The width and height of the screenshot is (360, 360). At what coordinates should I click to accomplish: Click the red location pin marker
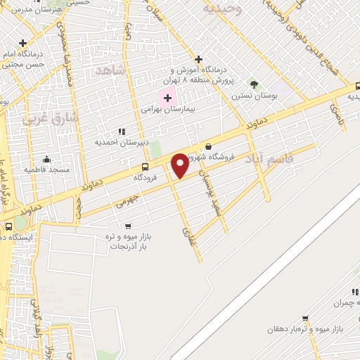click(x=180, y=165)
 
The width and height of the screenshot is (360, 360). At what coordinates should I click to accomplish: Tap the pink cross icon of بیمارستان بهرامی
click(x=167, y=97)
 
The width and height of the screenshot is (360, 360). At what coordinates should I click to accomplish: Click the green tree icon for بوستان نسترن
click(x=254, y=84)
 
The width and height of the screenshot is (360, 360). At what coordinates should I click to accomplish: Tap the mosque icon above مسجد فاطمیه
click(x=47, y=159)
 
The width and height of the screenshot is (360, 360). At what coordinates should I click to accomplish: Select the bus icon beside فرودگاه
click(x=145, y=167)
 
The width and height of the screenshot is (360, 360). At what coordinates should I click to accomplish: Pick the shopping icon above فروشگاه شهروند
click(x=207, y=146)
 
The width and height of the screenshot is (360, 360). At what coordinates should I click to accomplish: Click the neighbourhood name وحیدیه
click(x=222, y=8)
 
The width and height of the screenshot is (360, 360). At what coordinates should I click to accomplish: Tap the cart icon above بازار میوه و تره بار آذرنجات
click(x=127, y=226)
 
